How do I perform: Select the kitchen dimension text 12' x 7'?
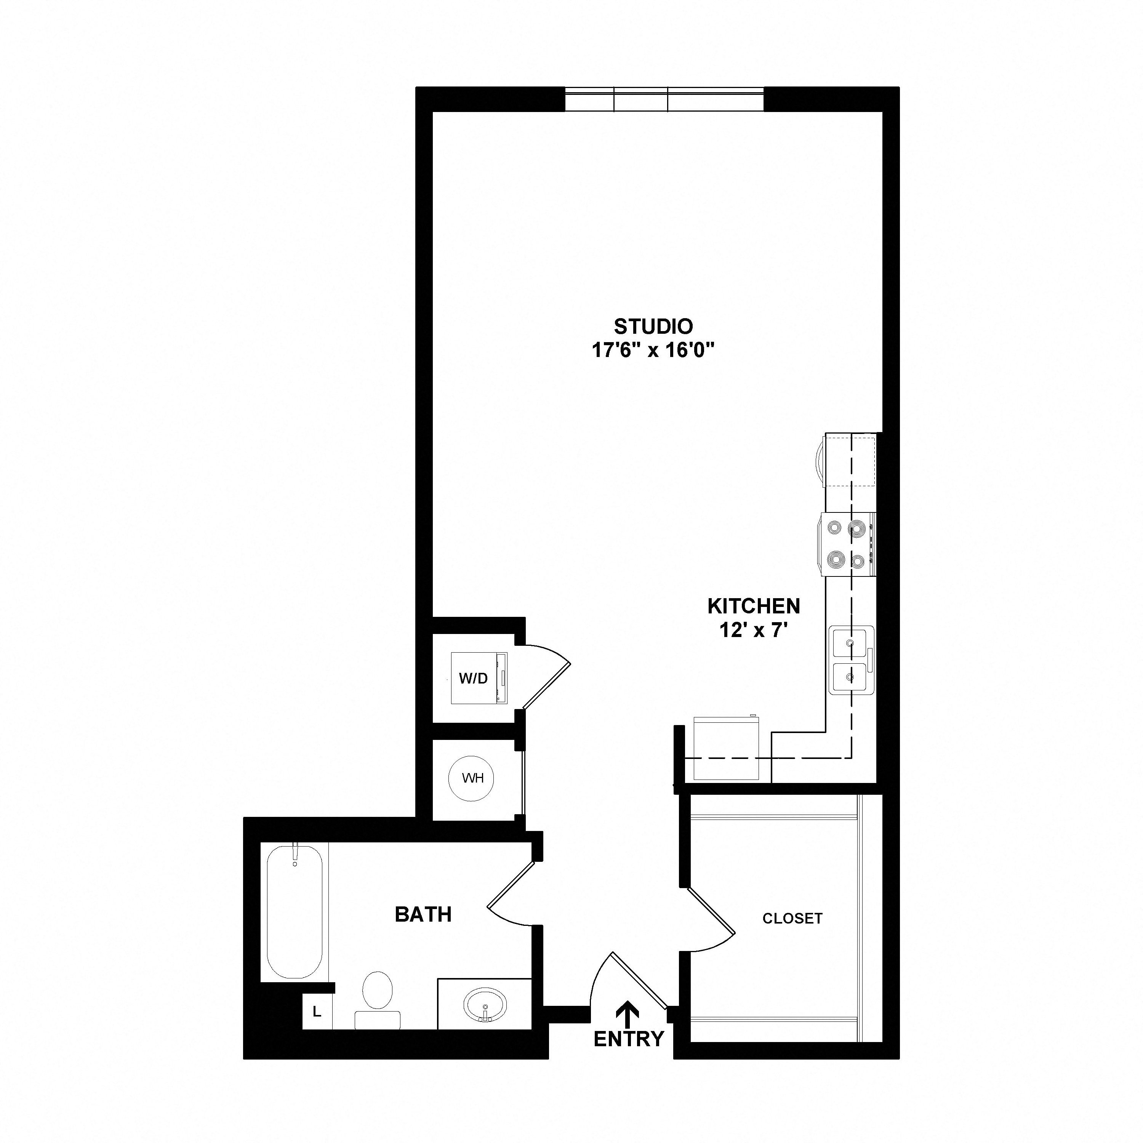coord(754,631)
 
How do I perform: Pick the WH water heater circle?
coord(472,778)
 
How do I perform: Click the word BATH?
coord(423,915)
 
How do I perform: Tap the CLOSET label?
coord(792,919)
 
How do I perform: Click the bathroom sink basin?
coord(485,1004)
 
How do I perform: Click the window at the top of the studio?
coord(664,99)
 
